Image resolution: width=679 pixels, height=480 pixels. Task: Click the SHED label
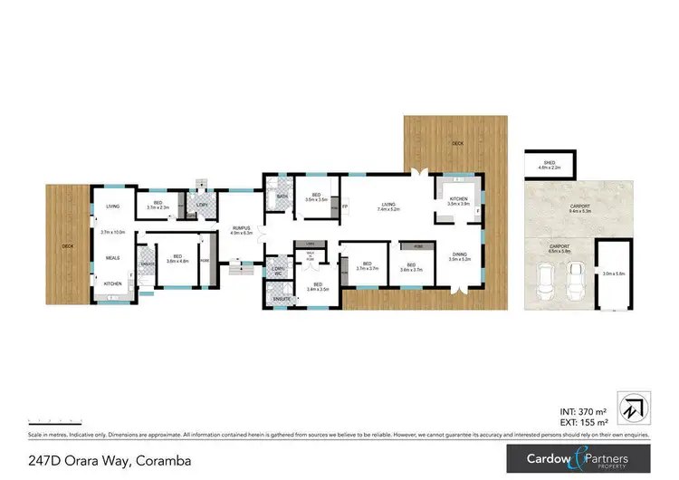550,164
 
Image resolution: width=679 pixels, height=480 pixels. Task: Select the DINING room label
461,254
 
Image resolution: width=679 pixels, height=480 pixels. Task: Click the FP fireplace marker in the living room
344,207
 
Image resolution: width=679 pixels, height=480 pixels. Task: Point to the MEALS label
113,257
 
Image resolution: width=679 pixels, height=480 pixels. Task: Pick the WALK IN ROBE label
310,254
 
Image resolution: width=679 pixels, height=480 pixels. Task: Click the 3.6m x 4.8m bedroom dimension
177,261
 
